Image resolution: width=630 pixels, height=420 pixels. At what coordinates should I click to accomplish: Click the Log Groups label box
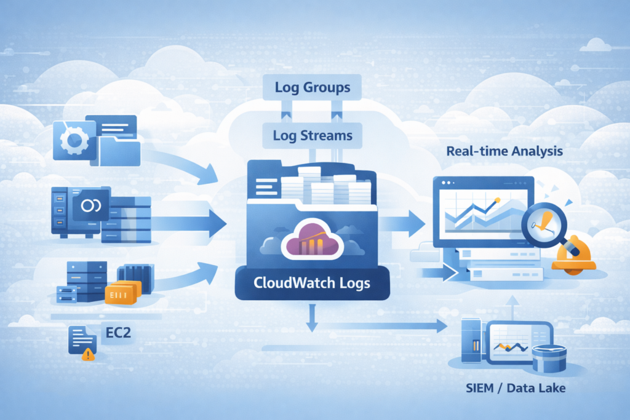[x=312, y=87]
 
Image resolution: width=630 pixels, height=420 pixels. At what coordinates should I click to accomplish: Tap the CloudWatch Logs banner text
[x=312, y=284]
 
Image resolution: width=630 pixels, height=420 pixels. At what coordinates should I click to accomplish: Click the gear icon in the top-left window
[x=73, y=139]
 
